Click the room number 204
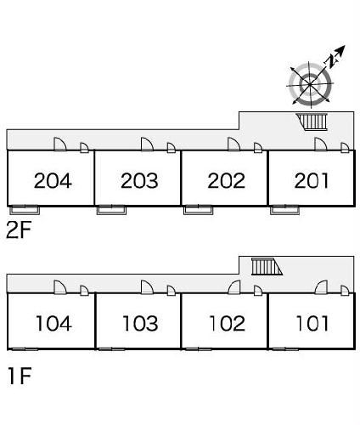(x=53, y=180)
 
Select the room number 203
(x=139, y=180)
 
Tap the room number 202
(x=226, y=180)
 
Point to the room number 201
(x=312, y=180)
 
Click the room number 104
(x=53, y=323)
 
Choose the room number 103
(x=140, y=323)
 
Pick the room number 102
(x=227, y=323)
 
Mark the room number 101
(x=312, y=323)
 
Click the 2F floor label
(x=19, y=230)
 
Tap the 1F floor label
(x=20, y=376)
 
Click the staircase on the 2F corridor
(x=312, y=122)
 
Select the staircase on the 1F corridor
(x=267, y=266)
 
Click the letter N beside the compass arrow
(x=330, y=60)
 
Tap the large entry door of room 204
(x=60, y=144)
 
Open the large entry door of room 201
(x=321, y=144)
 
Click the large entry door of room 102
(x=234, y=287)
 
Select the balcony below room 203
(x=111, y=210)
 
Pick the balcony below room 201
(x=285, y=210)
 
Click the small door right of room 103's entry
(x=172, y=291)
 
